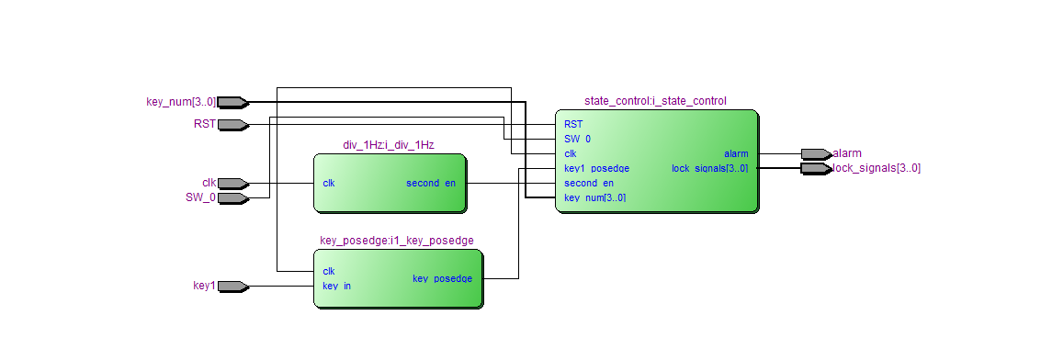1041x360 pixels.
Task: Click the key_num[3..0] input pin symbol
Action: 232,102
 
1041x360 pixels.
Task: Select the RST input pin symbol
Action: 232,124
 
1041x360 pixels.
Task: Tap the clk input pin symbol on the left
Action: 232,183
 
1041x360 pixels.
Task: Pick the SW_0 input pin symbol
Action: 232,197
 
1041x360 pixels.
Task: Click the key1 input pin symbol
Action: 232,286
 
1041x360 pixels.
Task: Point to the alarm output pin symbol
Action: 815,153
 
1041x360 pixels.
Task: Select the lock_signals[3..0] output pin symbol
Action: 815,168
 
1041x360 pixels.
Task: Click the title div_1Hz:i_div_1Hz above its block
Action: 388,145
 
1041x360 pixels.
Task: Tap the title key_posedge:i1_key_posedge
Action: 396,241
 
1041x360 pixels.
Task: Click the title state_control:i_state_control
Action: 655,101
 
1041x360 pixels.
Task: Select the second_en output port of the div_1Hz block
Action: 430,183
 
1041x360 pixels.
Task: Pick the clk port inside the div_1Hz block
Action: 329,183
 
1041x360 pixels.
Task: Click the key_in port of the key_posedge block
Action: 336,286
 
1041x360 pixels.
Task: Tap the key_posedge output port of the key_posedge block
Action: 442,278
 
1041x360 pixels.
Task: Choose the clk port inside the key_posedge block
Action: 329,271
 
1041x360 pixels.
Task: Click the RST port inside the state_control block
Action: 572,124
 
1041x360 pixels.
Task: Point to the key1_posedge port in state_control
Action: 596,168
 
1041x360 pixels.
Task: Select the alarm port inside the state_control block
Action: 735,153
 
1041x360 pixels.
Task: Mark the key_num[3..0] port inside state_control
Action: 594,197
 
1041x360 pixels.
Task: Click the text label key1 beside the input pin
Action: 204,286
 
